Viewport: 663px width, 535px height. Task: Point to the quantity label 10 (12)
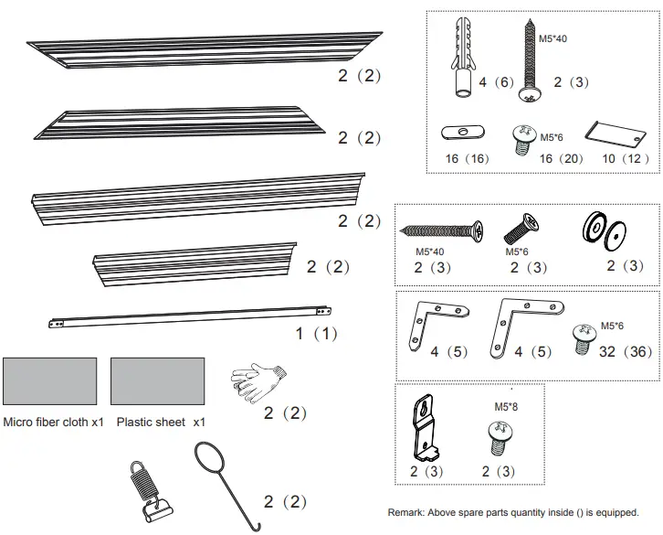click(x=626, y=158)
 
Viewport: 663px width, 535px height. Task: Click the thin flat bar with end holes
click(x=190, y=316)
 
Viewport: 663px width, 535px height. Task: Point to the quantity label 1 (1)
click(x=316, y=335)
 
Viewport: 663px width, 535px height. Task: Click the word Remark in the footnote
click(x=405, y=512)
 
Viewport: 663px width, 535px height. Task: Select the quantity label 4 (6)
click(x=493, y=82)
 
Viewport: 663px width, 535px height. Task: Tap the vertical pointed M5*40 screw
click(x=529, y=63)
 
